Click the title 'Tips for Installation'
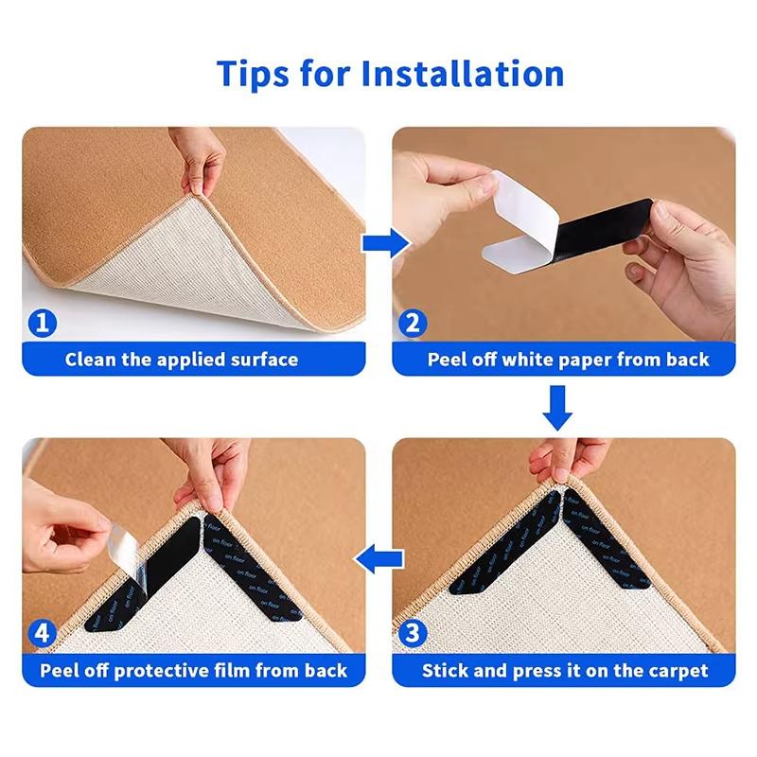pos(390,73)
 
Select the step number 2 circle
pos(412,325)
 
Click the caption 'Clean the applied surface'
pos(182,360)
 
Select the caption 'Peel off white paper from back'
pos(568,360)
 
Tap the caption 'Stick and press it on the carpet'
pos(565,671)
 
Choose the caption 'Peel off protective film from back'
pos(194,671)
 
